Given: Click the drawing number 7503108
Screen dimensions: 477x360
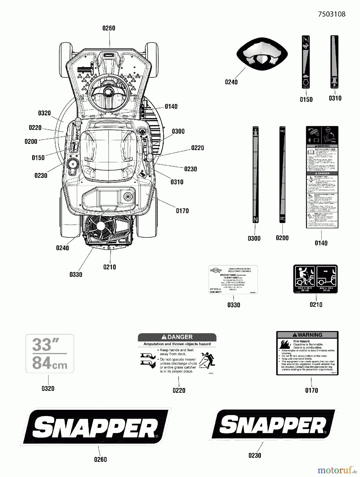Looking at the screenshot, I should coord(332,14).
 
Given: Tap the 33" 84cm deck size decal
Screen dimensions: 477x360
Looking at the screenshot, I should coord(50,354).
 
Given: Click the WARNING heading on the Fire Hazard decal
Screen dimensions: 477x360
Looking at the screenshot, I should coord(307,335).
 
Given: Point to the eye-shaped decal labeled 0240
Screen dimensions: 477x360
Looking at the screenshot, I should coord(262,54).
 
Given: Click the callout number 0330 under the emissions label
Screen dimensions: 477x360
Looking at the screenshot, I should coord(234,305).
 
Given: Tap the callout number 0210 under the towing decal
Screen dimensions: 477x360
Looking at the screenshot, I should coord(316,304).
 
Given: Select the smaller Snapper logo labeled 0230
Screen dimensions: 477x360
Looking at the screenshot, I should coord(273,424).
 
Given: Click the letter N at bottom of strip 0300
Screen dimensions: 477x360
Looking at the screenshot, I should coord(255,220).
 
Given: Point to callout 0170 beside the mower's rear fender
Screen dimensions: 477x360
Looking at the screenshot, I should coord(182,211).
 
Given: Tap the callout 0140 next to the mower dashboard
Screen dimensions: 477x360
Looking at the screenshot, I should coord(171,107).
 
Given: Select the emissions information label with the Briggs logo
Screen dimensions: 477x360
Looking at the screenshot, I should coord(233,279).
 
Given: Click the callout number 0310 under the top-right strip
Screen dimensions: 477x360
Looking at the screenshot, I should coord(335,98).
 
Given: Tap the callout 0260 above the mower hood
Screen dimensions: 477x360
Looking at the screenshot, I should coord(109,28).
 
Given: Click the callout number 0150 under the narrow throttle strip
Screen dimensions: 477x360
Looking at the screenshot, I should coord(306,100).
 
